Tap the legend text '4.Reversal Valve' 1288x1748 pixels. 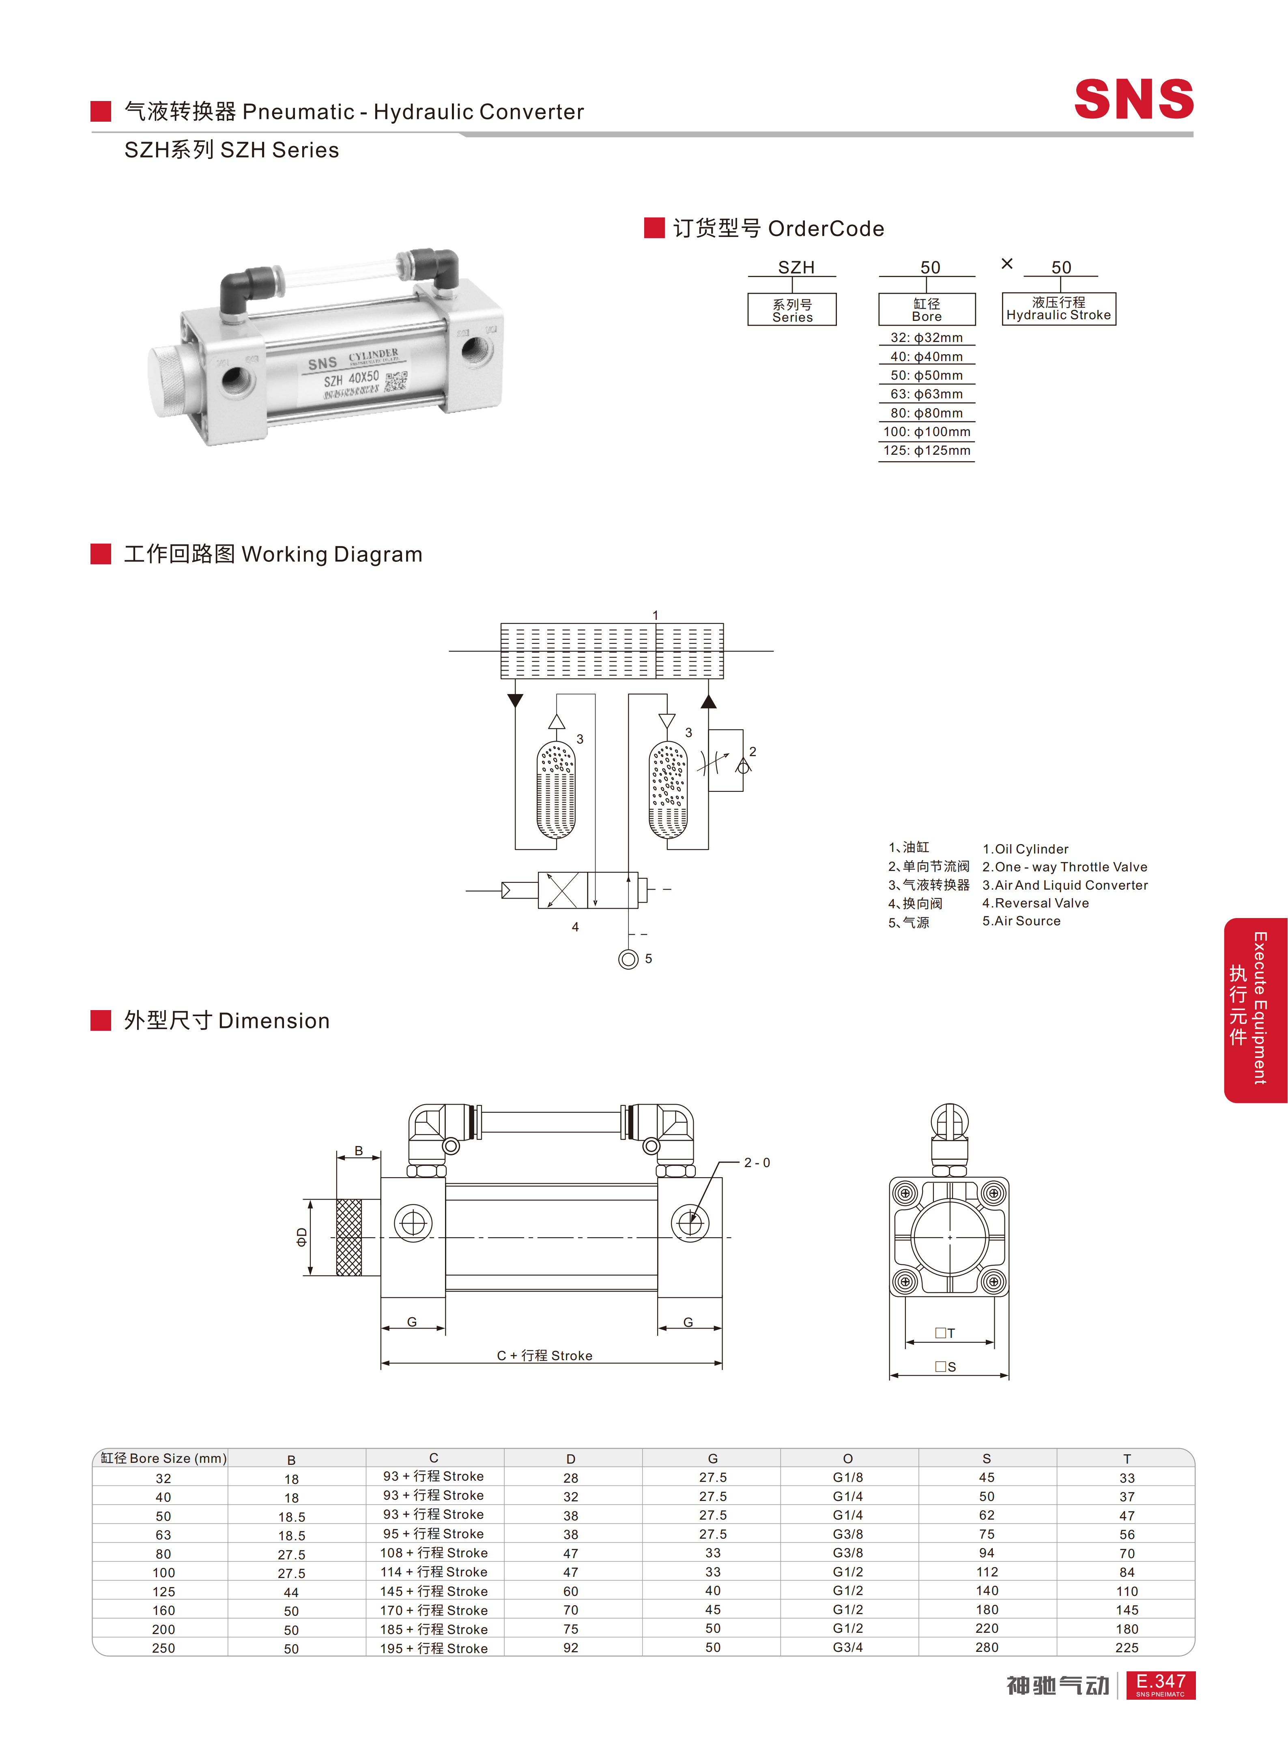click(x=1035, y=903)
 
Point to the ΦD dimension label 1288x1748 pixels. click(x=302, y=1236)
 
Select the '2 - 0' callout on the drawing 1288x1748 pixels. click(x=756, y=1163)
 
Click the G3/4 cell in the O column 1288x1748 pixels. click(x=847, y=1647)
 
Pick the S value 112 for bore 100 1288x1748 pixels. click(x=986, y=1572)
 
